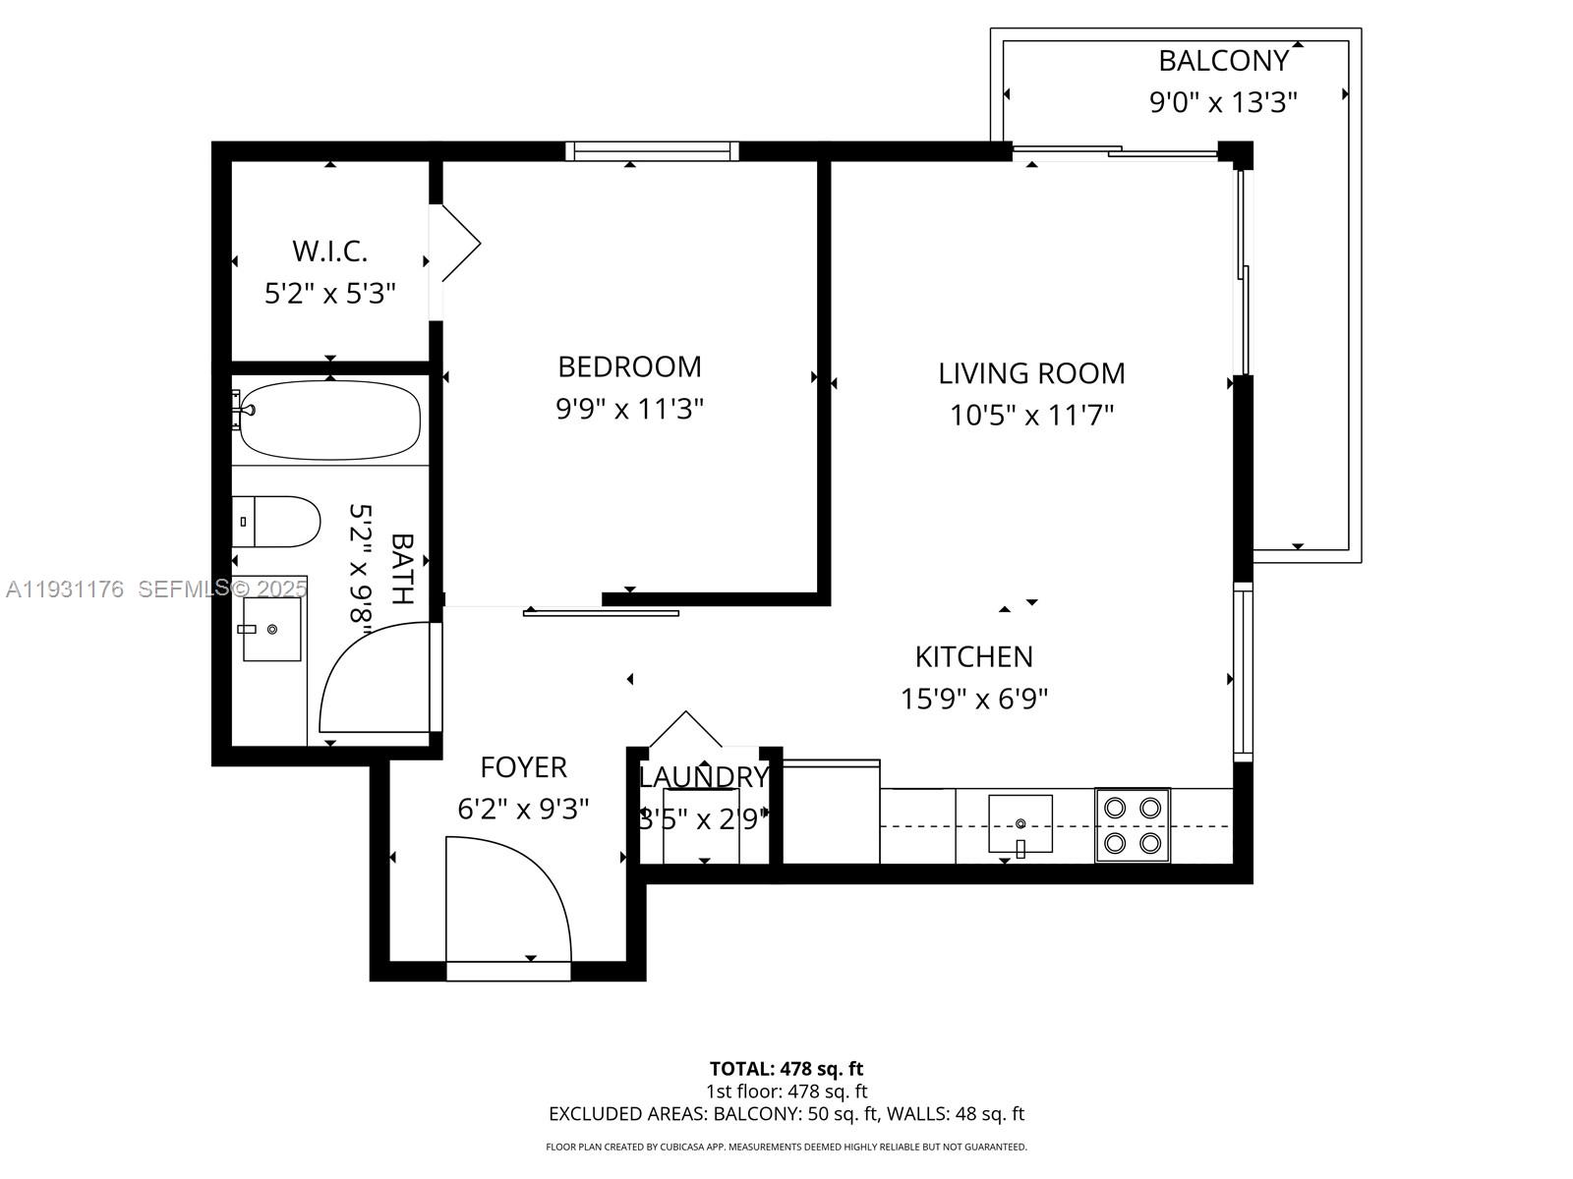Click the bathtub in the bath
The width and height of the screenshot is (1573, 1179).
329,420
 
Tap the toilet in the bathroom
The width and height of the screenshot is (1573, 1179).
275,522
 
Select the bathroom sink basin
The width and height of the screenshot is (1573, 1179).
271,629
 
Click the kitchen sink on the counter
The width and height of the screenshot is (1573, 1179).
1020,824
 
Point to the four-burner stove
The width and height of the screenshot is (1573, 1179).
1133,825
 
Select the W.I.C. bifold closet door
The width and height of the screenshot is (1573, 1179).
459,244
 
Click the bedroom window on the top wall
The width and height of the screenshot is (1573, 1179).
652,151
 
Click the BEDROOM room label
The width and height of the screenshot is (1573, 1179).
629,366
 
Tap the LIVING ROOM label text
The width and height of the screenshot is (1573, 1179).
1031,373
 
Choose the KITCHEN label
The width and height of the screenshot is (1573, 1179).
974,656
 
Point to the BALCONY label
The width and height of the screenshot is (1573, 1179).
1224,61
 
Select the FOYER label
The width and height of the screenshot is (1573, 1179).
523,767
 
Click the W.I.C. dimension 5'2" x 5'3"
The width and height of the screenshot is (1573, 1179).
329,294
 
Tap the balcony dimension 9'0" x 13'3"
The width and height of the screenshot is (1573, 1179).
1223,102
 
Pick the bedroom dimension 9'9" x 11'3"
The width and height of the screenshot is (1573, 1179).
629,409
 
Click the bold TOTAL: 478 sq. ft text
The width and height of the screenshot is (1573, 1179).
786,1069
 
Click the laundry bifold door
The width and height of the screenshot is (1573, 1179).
686,729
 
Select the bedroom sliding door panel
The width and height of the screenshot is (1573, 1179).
602,612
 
